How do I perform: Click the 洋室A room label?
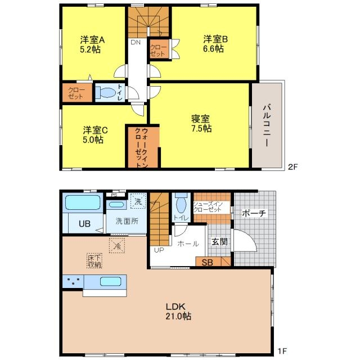pyautogui.click(x=92, y=40)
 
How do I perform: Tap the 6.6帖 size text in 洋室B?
pyautogui.click(x=213, y=49)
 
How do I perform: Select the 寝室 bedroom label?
pyautogui.click(x=200, y=119)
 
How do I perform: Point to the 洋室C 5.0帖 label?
pyautogui.click(x=95, y=135)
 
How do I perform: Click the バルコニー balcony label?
pyautogui.click(x=267, y=125)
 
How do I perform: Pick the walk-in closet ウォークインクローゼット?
pyautogui.click(x=141, y=147)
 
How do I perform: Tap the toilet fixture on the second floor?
pyautogui.click(x=106, y=92)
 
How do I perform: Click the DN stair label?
pyautogui.click(x=136, y=42)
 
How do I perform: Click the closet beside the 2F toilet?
pyautogui.click(x=77, y=92)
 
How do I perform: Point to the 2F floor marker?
pyautogui.click(x=292, y=167)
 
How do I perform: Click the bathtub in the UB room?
pyautogui.click(x=83, y=202)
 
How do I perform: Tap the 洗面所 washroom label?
pyautogui.click(x=127, y=221)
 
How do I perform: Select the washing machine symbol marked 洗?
pyautogui.click(x=138, y=201)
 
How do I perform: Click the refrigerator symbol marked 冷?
pyautogui.click(x=117, y=245)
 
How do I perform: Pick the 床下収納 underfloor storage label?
pyautogui.click(x=94, y=261)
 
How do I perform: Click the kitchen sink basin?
pyautogui.click(x=111, y=281)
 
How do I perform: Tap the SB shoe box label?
pyautogui.click(x=207, y=263)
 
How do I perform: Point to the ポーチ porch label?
pyautogui.click(x=254, y=213)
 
